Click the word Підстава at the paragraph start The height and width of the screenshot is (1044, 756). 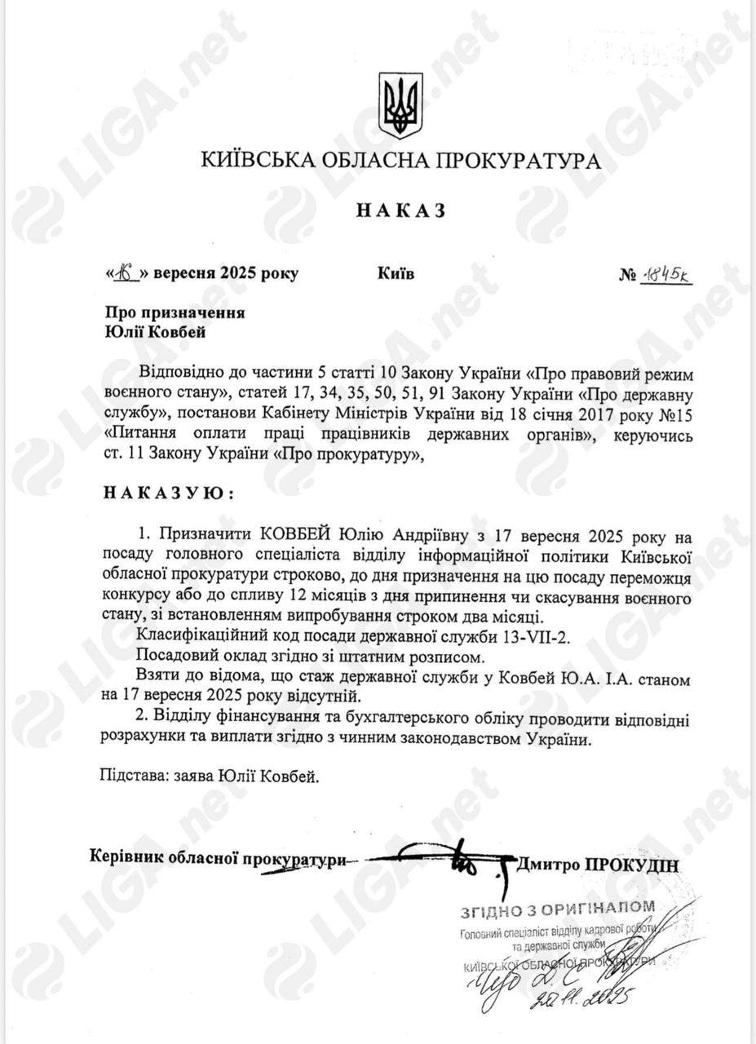click(x=131, y=776)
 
